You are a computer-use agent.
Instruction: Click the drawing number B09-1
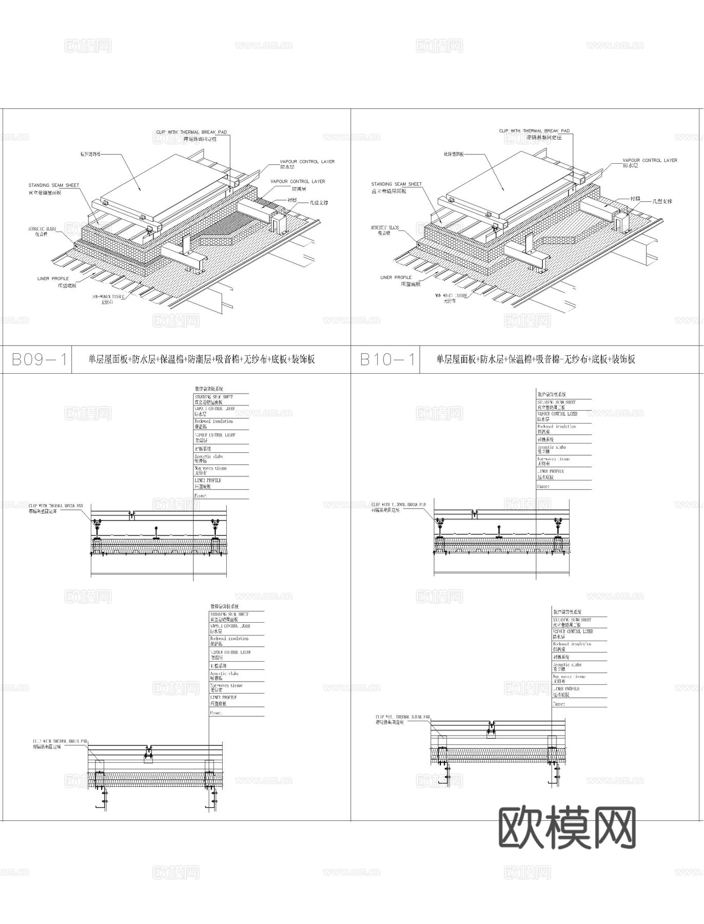tap(39, 359)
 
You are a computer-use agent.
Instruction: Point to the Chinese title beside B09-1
tap(201, 359)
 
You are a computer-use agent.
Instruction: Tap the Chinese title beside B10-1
tap(536, 359)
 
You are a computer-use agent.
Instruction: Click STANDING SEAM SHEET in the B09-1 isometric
tap(53, 185)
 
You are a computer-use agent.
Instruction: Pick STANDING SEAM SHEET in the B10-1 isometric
tap(396, 184)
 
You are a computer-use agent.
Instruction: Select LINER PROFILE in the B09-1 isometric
tap(53, 279)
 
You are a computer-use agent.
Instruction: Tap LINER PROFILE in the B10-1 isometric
tap(396, 277)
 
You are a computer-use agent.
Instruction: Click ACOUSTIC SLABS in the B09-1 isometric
tap(42, 229)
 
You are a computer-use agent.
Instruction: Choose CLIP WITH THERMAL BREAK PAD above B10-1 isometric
tap(534, 131)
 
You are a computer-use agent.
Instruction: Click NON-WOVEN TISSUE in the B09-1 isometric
tap(108, 297)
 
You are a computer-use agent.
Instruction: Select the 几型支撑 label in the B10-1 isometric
tap(662, 201)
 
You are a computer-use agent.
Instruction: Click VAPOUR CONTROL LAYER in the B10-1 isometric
tap(650, 160)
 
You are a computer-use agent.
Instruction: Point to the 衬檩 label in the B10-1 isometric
tap(635, 198)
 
